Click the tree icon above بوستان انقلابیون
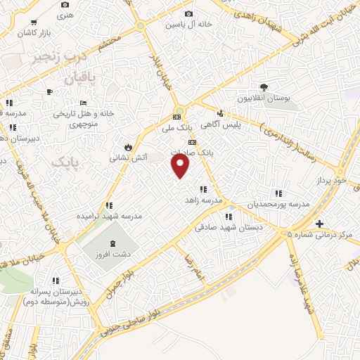click(264, 87)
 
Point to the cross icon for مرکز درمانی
click(320, 224)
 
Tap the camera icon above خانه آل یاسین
click(188, 13)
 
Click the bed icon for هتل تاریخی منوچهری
click(83, 102)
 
